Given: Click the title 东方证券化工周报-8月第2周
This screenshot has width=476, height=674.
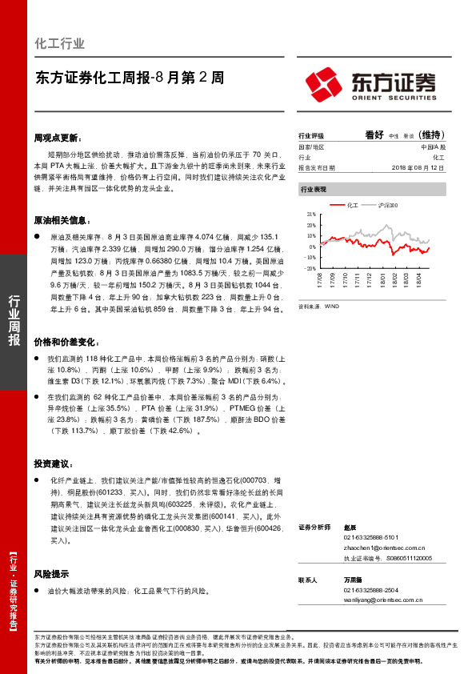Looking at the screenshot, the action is click(130, 78).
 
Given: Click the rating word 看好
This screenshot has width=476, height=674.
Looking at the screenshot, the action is click(374, 135).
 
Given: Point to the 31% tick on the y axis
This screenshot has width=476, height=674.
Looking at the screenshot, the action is click(310, 215).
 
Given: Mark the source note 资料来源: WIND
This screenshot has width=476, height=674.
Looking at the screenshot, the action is click(318, 307).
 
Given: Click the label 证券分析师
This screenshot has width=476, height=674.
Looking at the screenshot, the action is click(315, 528).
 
